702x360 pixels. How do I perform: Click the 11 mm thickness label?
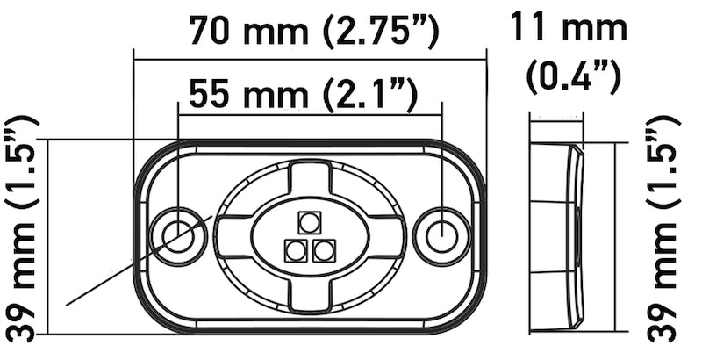coord(570,28)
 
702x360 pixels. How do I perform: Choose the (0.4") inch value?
coord(574,77)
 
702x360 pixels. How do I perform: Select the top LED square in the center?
coord(309,221)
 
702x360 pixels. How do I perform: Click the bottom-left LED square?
coord(294,251)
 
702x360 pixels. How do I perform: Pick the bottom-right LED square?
coord(324,251)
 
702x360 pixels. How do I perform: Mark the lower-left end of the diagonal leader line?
coord(68,304)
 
